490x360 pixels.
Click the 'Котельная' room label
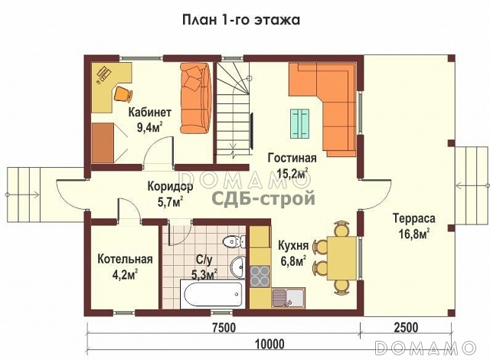click(x=125, y=260)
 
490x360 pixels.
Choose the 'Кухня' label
click(x=293, y=246)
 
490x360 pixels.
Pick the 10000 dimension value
click(x=269, y=342)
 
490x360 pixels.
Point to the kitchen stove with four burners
click(x=260, y=273)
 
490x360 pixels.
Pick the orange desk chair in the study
click(x=122, y=94)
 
